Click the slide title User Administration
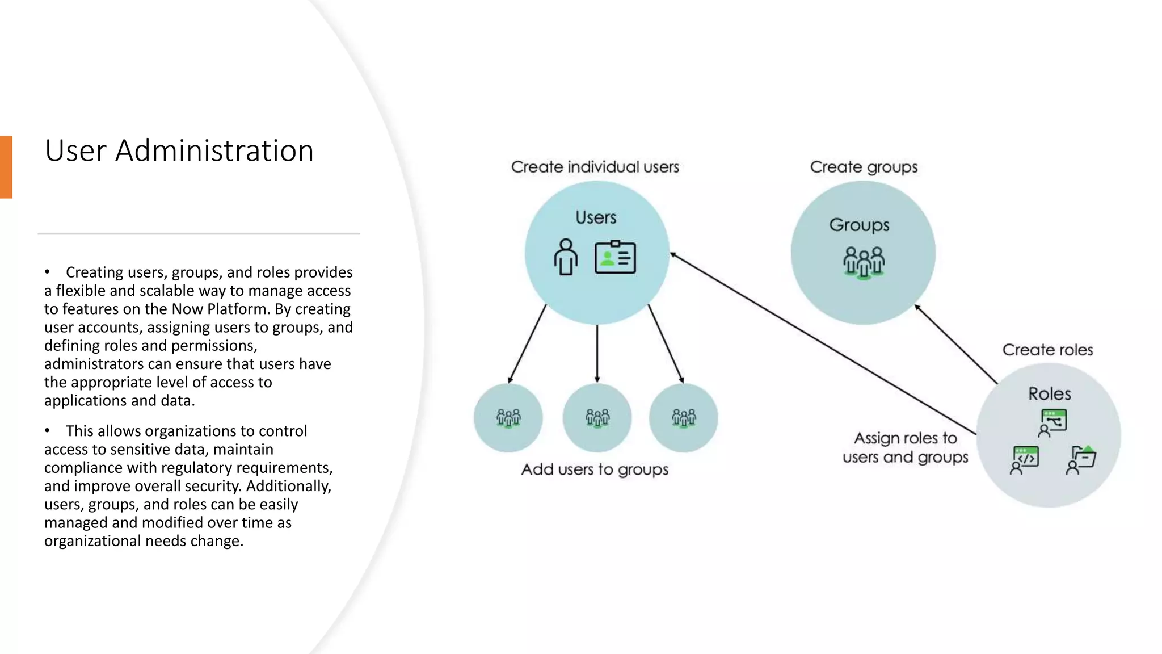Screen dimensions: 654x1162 pos(179,151)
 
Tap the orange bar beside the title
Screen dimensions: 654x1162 pos(6,167)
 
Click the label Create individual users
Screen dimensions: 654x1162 pos(595,167)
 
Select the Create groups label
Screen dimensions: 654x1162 pos(864,167)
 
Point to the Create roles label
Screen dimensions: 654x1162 pos(1047,350)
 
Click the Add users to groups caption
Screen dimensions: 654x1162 pos(595,469)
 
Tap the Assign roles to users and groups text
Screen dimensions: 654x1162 pos(905,447)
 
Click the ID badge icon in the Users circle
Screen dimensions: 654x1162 pos(615,257)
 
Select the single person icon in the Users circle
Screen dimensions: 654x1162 pos(566,257)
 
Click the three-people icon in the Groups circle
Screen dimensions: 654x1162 pos(864,262)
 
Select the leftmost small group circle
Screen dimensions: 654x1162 pos(508,418)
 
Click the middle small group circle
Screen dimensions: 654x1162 pos(597,418)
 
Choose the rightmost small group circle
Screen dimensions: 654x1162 pos(684,418)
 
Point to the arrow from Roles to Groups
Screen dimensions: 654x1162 pos(956,344)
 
